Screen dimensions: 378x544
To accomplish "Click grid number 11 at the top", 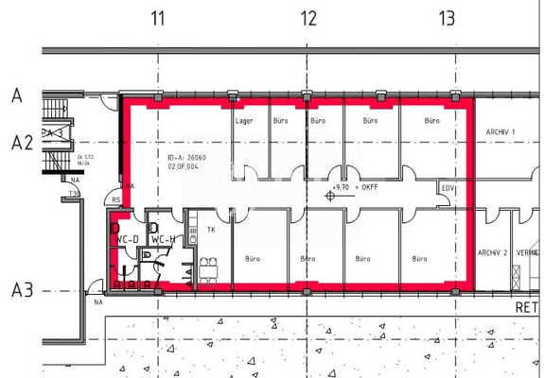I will (158, 18).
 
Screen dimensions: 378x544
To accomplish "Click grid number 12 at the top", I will (308, 18).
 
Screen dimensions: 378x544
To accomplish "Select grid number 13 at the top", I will (447, 18).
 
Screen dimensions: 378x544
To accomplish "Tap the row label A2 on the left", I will (22, 143).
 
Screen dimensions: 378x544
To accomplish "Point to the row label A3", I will (22, 289).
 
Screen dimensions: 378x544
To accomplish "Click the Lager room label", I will (244, 121).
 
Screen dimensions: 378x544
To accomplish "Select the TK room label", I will (211, 230).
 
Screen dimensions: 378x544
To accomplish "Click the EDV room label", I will (447, 189).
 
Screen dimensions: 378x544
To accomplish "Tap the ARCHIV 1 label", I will (500, 131).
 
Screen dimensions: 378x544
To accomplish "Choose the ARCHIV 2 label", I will (492, 252).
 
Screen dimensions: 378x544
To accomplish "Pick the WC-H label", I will (163, 239).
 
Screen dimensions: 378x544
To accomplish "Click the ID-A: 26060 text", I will (186, 157).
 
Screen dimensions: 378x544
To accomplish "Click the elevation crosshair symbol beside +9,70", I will (329, 196).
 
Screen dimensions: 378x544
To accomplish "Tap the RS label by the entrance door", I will (116, 200).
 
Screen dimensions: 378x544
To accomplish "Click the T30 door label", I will (74, 194).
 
